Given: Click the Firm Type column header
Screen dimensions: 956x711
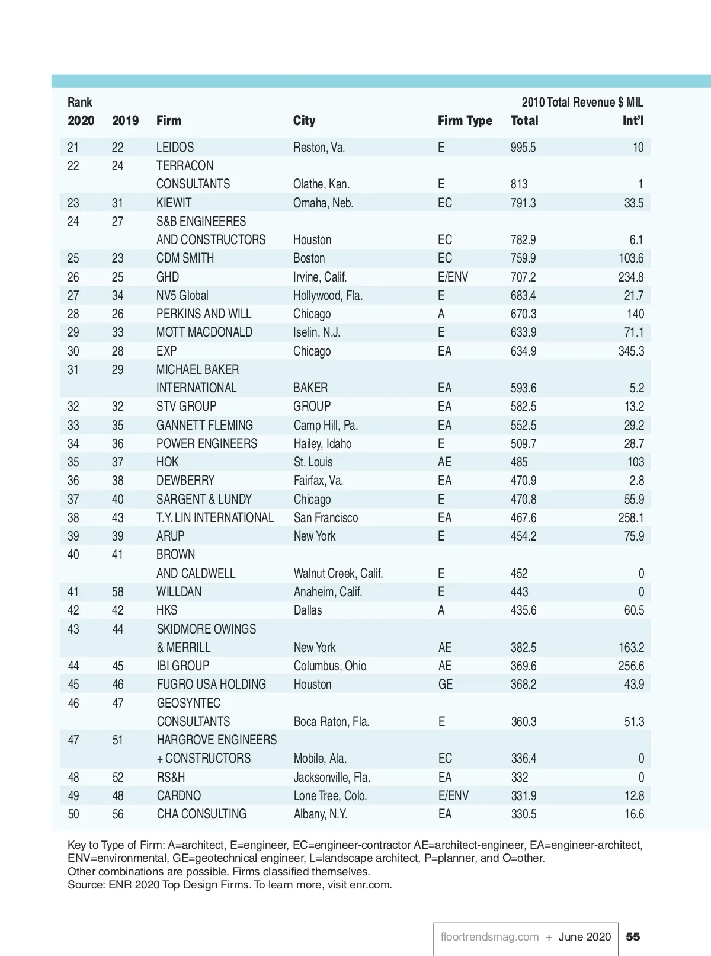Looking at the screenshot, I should click(x=465, y=121).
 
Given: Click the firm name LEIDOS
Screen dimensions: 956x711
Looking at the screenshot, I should click(x=175, y=147).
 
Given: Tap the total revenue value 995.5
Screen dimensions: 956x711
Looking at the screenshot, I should click(x=523, y=147).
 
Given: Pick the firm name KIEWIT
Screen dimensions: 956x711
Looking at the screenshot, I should click(x=174, y=203).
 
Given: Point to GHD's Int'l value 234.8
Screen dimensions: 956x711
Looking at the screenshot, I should click(x=630, y=277).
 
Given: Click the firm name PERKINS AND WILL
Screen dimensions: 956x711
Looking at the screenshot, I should click(x=203, y=314).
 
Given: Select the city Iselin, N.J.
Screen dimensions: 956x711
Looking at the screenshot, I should click(x=316, y=332).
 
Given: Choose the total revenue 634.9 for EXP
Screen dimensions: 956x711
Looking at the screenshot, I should click(x=523, y=351).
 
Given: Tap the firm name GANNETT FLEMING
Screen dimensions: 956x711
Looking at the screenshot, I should click(x=204, y=425).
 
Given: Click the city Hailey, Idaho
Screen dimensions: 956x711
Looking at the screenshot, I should click(x=322, y=443).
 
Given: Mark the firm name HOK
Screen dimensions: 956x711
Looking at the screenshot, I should click(x=167, y=462).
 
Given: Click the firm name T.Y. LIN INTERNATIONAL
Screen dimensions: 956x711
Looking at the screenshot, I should click(x=215, y=517).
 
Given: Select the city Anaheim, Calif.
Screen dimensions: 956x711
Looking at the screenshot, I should click(x=328, y=591).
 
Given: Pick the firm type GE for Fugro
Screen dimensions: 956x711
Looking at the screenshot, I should click(x=445, y=684).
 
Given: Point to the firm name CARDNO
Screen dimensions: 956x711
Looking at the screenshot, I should click(x=178, y=795).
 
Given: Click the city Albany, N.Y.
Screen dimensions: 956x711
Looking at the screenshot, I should click(x=320, y=814).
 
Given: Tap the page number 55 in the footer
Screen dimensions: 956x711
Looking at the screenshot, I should click(x=633, y=936).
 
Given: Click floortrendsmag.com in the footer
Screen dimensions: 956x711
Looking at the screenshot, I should click(x=489, y=936).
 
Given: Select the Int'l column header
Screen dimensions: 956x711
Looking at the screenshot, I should click(x=632, y=121).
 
